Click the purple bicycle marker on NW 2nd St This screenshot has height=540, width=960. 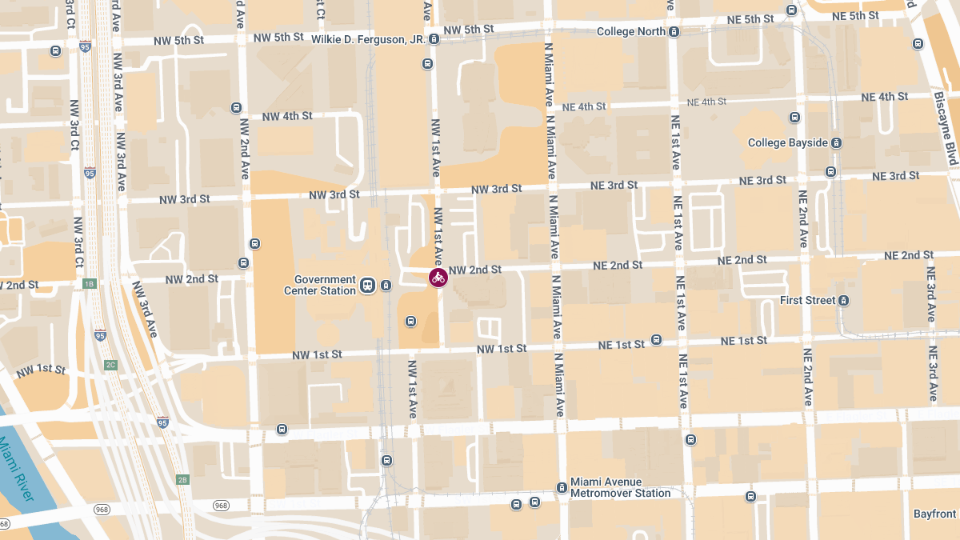(438, 278)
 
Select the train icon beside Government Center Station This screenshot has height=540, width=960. (368, 286)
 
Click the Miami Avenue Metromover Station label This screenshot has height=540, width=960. (620, 488)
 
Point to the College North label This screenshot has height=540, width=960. (631, 32)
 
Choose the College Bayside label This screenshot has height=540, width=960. (788, 143)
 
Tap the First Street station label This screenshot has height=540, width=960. (808, 301)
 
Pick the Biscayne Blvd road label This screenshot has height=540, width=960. (945, 128)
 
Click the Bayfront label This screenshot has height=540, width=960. (934, 514)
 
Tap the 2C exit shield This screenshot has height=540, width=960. (110, 365)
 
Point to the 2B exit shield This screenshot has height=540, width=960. (182, 479)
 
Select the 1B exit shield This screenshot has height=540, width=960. (90, 283)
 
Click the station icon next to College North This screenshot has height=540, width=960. (674, 32)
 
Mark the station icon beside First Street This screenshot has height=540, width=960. (843, 301)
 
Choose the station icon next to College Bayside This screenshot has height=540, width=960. (836, 143)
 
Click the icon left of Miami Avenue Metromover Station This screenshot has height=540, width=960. (562, 488)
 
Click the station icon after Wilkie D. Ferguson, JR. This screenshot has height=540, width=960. (434, 38)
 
